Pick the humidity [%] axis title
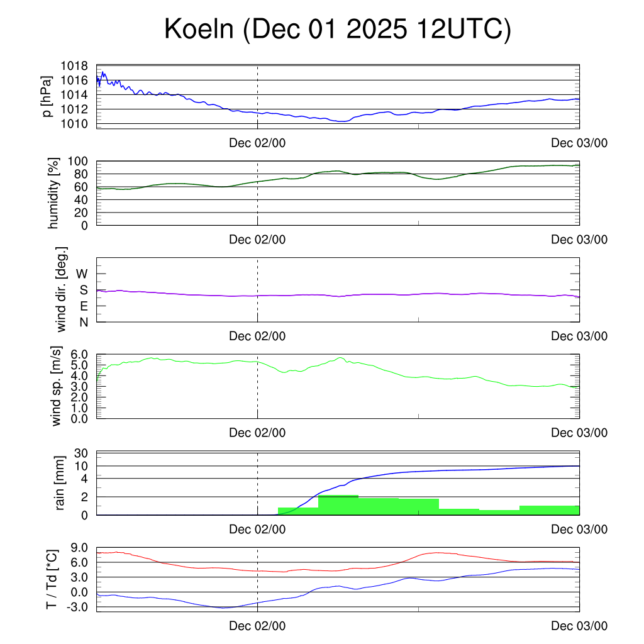point(53,193)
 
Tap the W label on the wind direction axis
point(82,274)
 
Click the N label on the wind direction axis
point(83,322)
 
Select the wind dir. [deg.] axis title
point(62,289)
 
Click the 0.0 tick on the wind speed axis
point(79,418)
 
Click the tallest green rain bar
point(338,505)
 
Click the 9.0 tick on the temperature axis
point(79,548)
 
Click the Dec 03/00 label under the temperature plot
point(579,626)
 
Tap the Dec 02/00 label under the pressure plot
point(257,143)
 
